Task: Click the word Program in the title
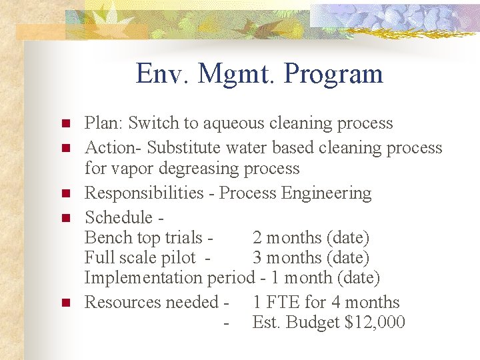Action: (333, 75)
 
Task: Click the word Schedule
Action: (119, 217)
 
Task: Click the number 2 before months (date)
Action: (257, 237)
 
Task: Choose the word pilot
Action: (177, 258)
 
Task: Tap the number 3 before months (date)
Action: (257, 257)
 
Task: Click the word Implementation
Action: (144, 278)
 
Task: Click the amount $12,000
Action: (375, 323)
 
